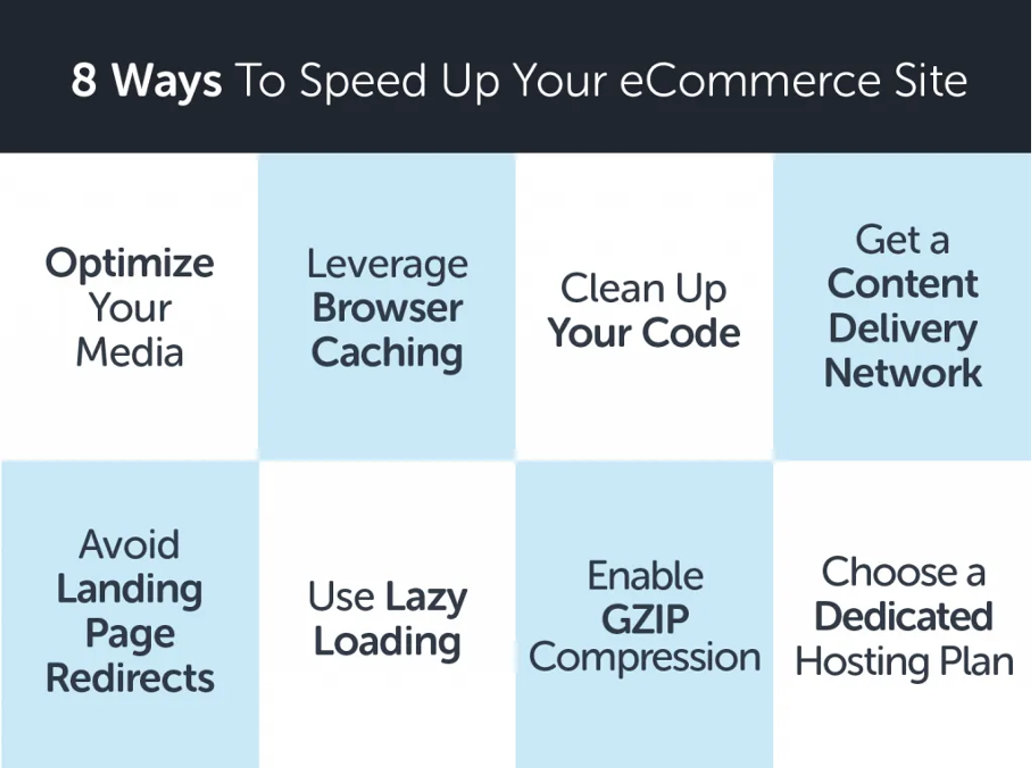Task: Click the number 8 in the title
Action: [84, 80]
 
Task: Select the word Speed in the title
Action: [363, 81]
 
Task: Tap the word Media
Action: [130, 353]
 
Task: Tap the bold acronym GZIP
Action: [645, 620]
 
